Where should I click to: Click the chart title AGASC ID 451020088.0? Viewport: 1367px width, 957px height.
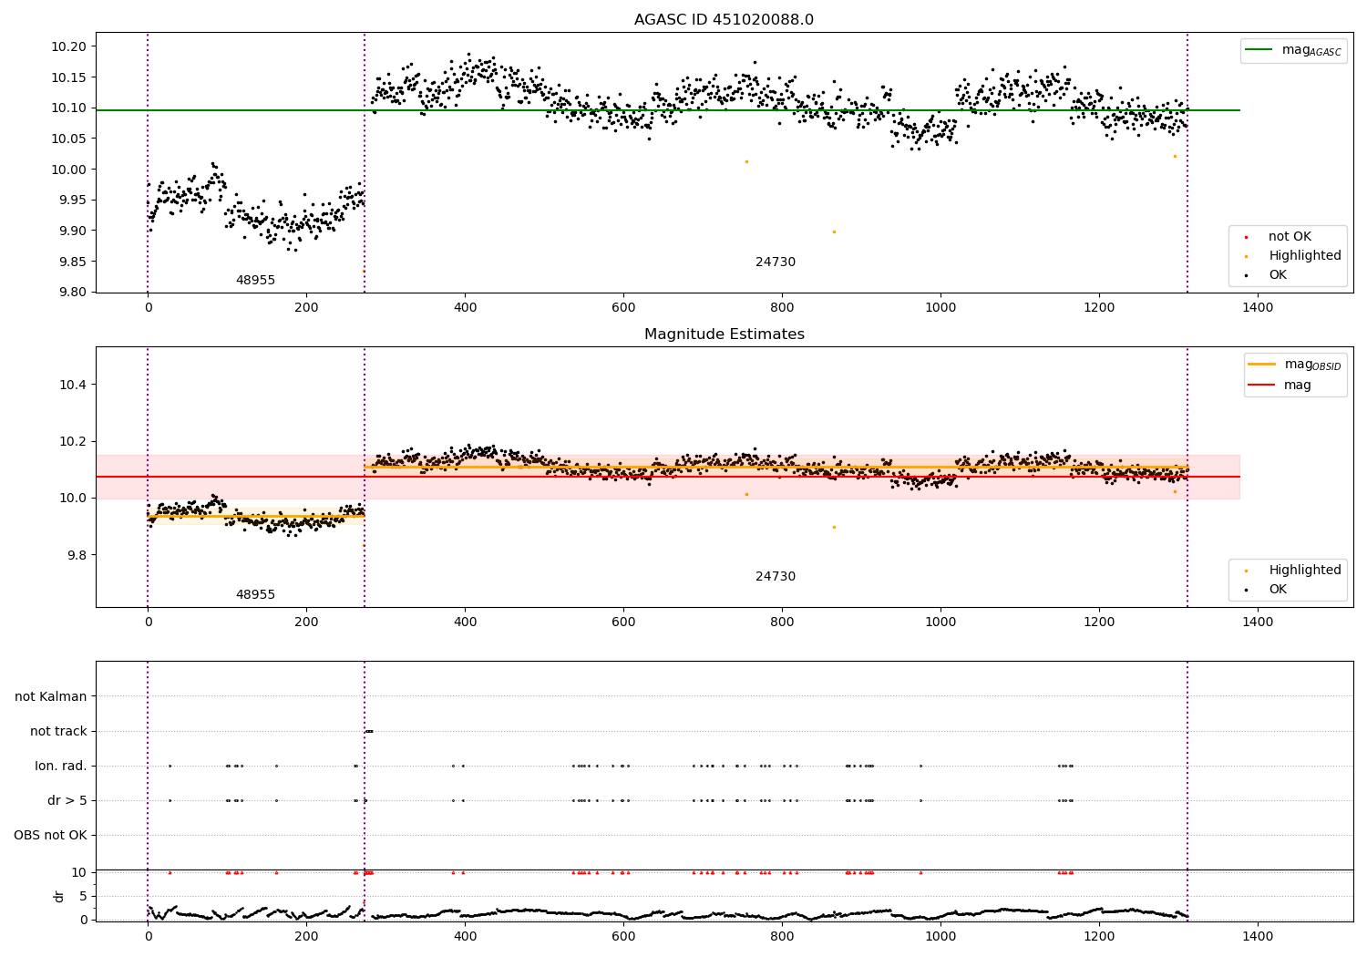(x=724, y=20)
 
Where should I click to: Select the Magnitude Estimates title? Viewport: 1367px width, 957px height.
(x=724, y=334)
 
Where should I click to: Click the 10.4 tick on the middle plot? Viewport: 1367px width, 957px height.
(x=73, y=385)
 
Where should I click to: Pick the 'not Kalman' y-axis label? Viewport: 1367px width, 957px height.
(x=51, y=696)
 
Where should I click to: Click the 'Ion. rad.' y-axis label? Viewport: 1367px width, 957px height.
(x=61, y=766)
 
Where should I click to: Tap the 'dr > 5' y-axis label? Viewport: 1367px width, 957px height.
(x=67, y=800)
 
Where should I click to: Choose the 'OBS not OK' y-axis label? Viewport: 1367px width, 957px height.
(x=50, y=835)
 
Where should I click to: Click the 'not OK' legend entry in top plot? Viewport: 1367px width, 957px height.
(x=1290, y=237)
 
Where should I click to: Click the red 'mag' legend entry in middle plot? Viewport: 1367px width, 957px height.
(x=1297, y=385)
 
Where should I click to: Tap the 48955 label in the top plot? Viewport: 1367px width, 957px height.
(x=255, y=281)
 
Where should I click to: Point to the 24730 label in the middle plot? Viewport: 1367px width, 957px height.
(x=775, y=577)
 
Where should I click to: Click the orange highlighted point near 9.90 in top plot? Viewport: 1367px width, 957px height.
(x=834, y=232)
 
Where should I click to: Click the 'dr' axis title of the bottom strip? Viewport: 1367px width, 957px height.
(x=59, y=896)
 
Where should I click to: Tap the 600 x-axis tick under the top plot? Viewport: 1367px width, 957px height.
(x=623, y=308)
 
